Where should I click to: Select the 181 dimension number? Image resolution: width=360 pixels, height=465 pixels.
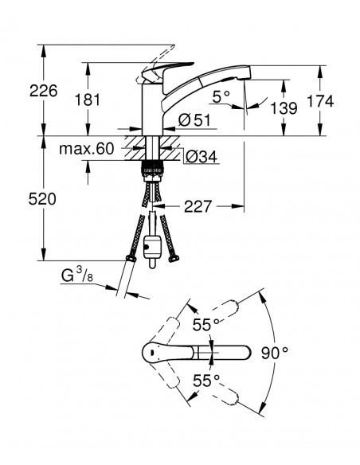(x=110, y=100)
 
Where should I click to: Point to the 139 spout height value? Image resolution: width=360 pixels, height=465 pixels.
(x=283, y=107)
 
